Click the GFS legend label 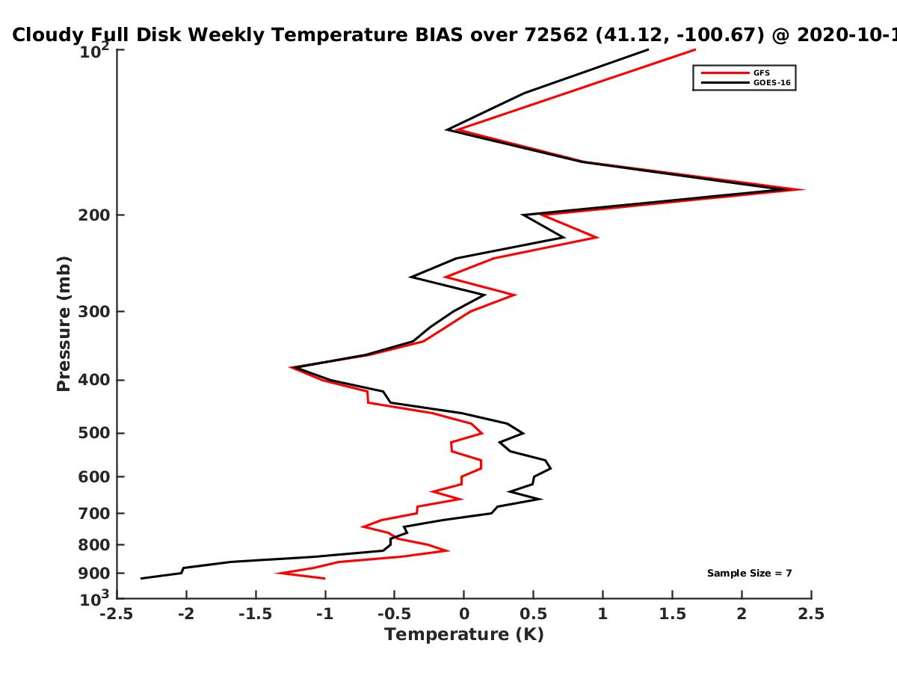pyautogui.click(x=761, y=73)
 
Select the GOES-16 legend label pyautogui.click(x=772, y=83)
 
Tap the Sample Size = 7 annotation pyautogui.click(x=749, y=574)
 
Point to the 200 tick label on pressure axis pyautogui.click(x=94, y=215)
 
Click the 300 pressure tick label pyautogui.click(x=94, y=312)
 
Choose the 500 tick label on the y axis pyautogui.click(x=94, y=433)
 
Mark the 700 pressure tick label pyautogui.click(x=94, y=514)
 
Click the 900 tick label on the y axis pyautogui.click(x=94, y=574)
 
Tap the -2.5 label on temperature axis pyautogui.click(x=117, y=614)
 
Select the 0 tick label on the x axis pyautogui.click(x=464, y=614)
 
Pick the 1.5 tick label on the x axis pyautogui.click(x=672, y=614)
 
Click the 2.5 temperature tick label pyautogui.click(x=811, y=614)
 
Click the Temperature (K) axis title pyautogui.click(x=464, y=635)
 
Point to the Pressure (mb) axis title pyautogui.click(x=64, y=324)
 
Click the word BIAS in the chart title pyautogui.click(x=439, y=35)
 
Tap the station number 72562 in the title pyautogui.click(x=556, y=35)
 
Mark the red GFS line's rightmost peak pyautogui.click(x=804, y=190)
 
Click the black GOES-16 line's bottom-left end pyautogui.click(x=141, y=579)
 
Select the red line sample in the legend pyautogui.click(x=725, y=73)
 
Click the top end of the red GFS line pyautogui.click(x=695, y=50)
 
